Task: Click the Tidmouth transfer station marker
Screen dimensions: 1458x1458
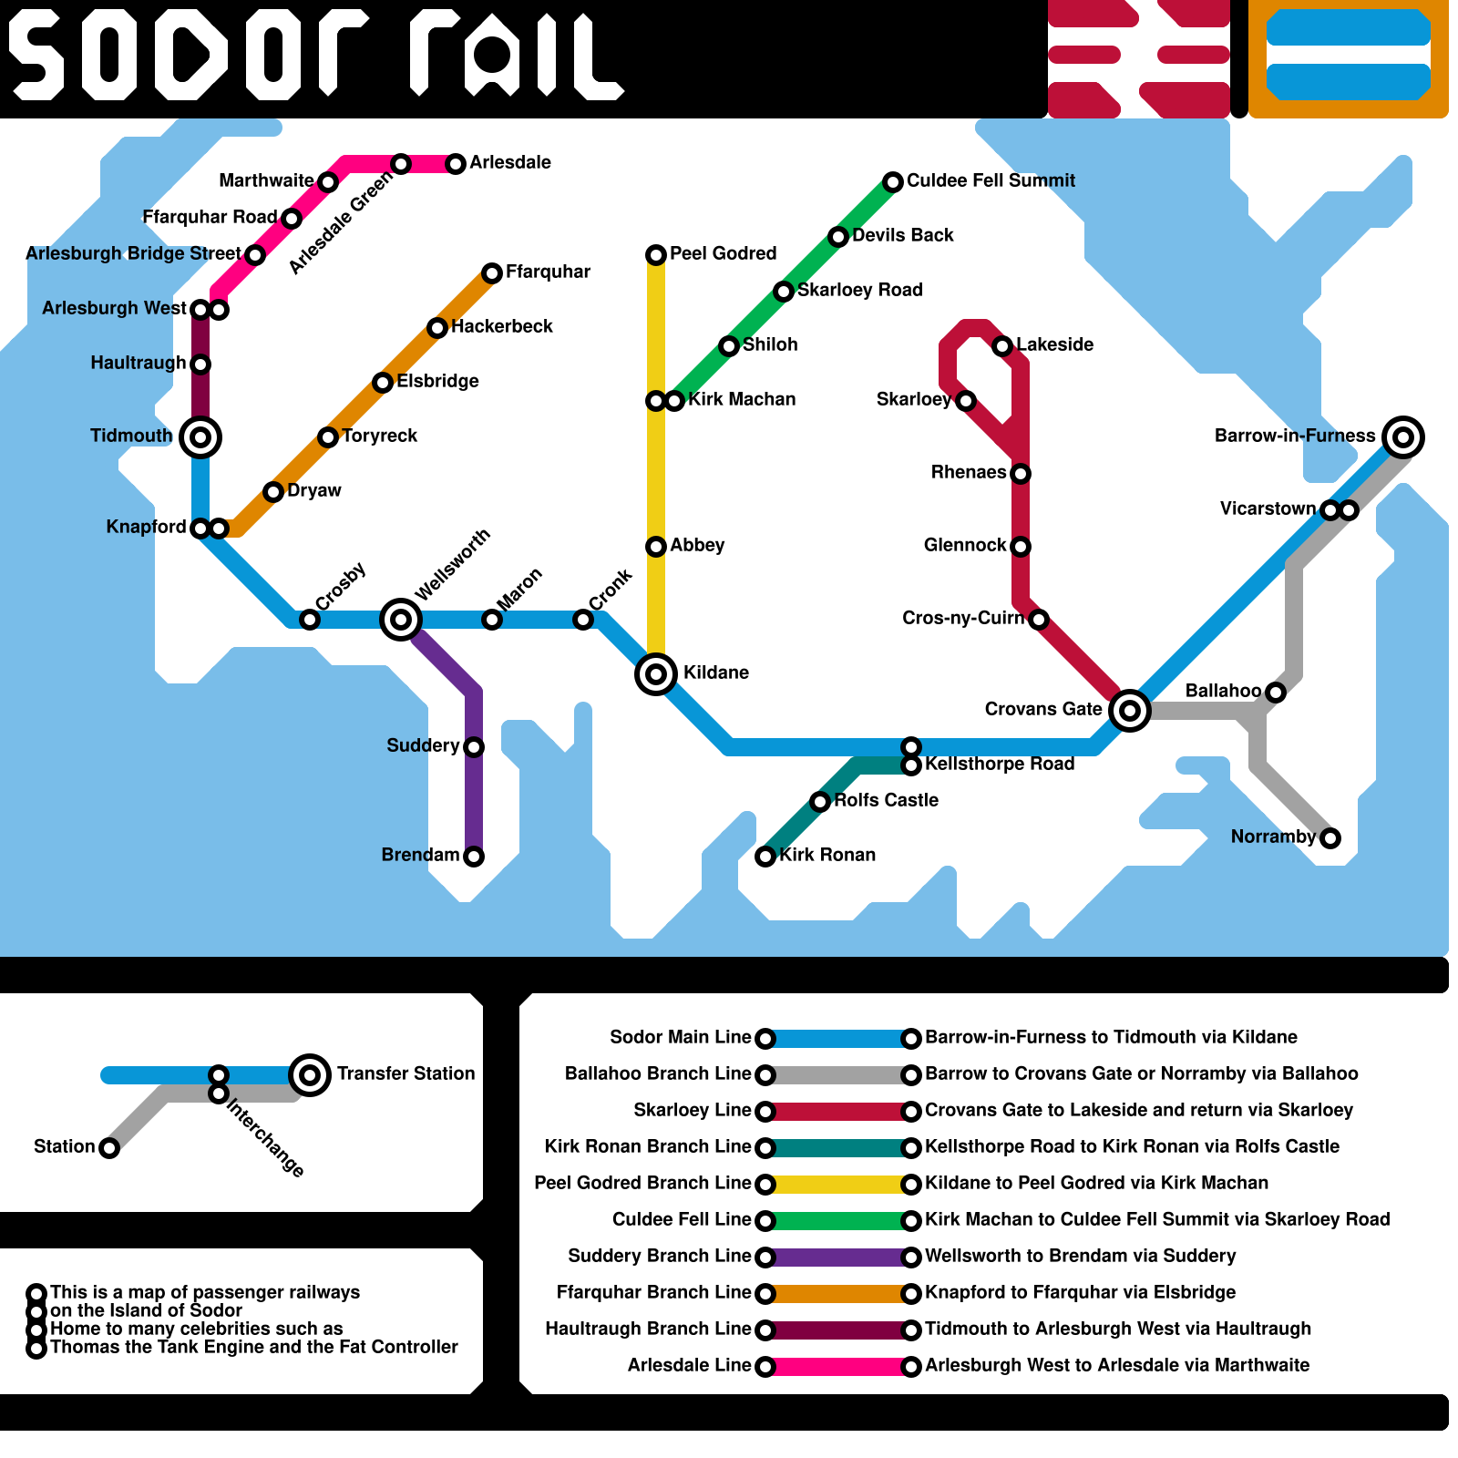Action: (x=200, y=437)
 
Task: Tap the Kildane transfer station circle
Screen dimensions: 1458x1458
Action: (x=656, y=674)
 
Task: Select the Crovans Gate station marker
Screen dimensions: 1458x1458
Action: (x=1130, y=710)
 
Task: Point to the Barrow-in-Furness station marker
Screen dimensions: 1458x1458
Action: (x=1403, y=437)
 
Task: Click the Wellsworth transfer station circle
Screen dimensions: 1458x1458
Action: (x=401, y=620)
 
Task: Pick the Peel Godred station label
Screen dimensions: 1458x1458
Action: (x=723, y=253)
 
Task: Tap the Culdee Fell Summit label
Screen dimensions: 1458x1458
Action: (x=991, y=180)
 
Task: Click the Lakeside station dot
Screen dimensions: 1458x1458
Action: (x=1002, y=346)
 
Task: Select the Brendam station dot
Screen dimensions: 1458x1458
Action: (x=474, y=857)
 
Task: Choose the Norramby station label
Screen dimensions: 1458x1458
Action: (x=1273, y=837)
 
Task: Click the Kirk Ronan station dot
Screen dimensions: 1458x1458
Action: (x=765, y=857)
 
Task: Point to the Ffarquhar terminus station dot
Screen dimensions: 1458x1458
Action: (x=492, y=273)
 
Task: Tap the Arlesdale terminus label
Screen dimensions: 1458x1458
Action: (x=510, y=162)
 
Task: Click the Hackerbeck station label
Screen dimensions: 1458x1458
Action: (x=502, y=326)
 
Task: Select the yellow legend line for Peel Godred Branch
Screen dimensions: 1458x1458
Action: (x=838, y=1185)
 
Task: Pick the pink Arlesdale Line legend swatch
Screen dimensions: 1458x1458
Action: (x=838, y=1367)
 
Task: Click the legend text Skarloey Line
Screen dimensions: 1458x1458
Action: (x=693, y=1110)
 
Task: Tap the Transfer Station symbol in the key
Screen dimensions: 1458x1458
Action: (x=310, y=1075)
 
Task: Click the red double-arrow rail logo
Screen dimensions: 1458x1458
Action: (x=1139, y=59)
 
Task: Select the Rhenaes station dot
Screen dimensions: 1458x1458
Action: (x=1021, y=474)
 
